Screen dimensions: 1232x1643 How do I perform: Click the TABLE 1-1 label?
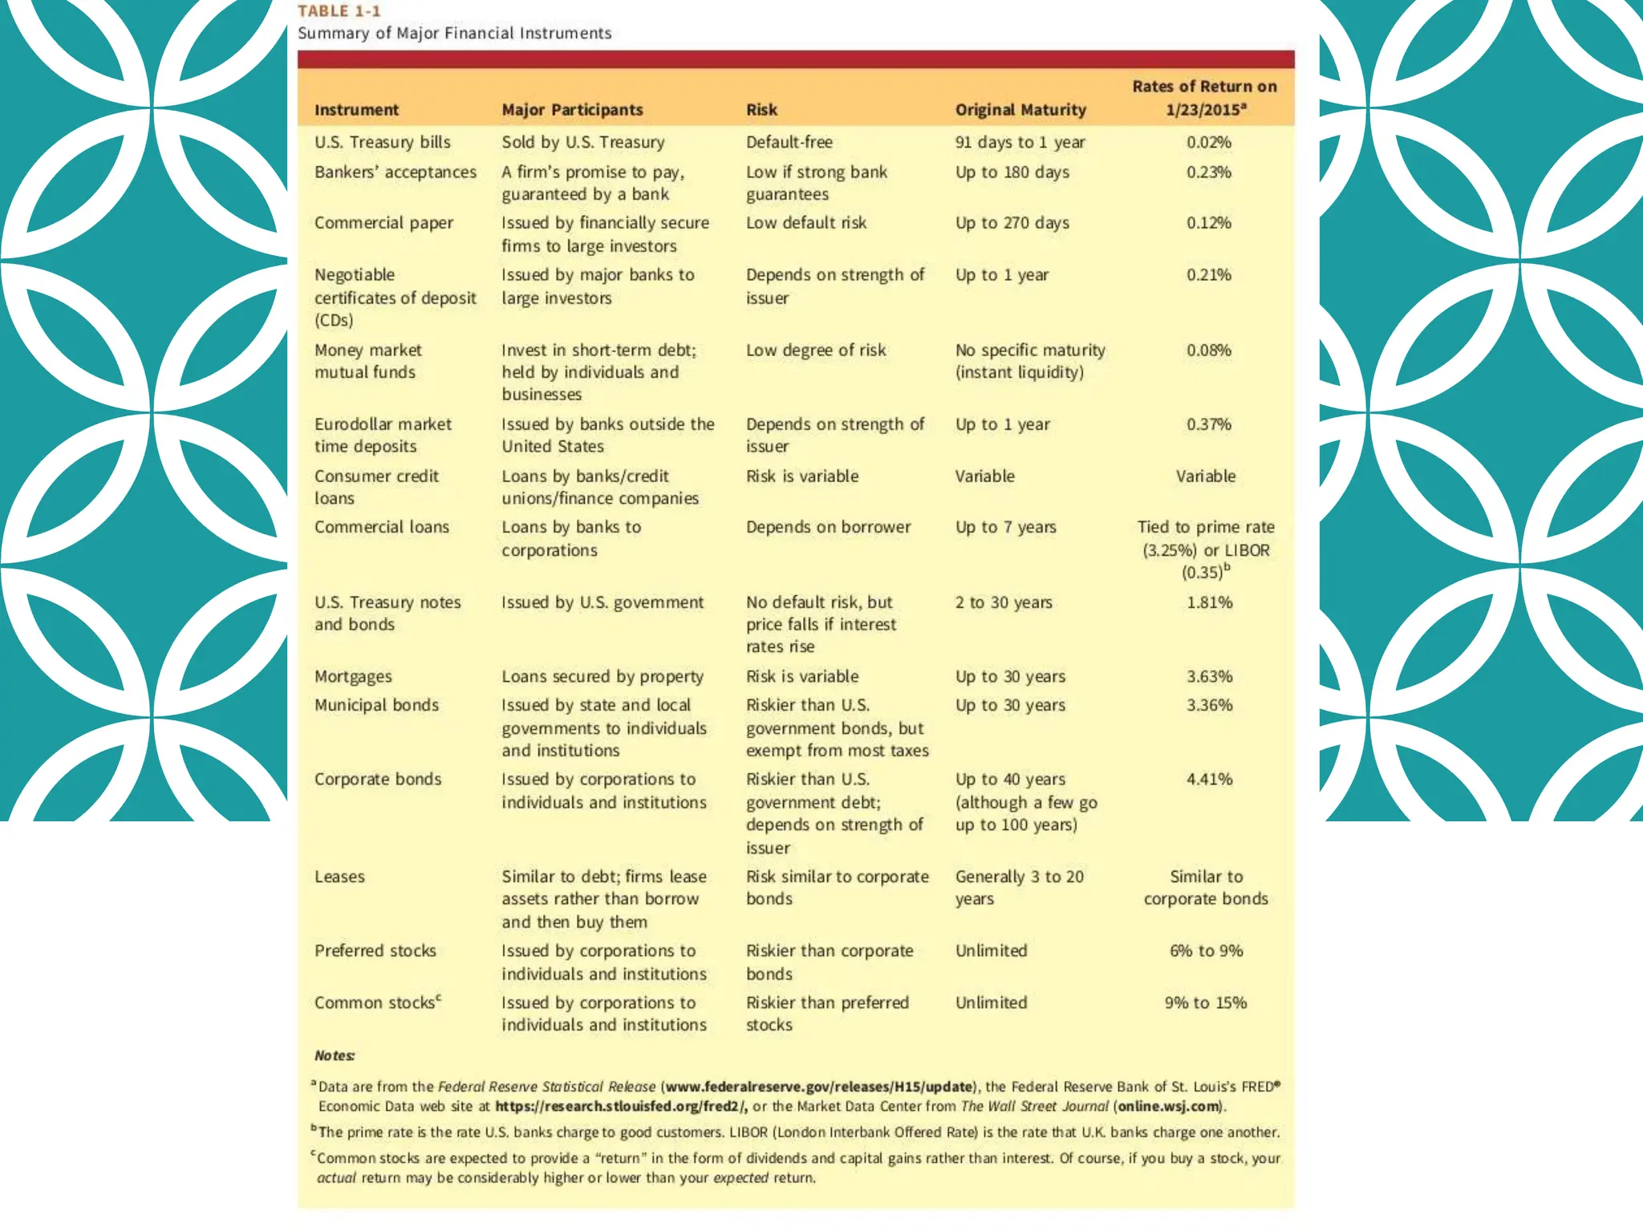pyautogui.click(x=339, y=11)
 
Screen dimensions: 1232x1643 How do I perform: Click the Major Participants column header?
pyautogui.click(x=572, y=110)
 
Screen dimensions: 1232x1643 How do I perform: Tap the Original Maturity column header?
pyautogui.click(x=1020, y=110)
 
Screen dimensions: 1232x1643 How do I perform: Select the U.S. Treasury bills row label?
pyautogui.click(x=382, y=143)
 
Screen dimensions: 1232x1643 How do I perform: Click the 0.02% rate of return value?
pyautogui.click(x=1208, y=143)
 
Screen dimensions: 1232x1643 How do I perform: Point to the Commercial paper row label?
pyautogui.click(x=383, y=223)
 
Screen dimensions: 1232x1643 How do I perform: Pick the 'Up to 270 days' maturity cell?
pyautogui.click(x=1012, y=223)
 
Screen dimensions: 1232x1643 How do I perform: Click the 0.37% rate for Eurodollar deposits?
pyautogui.click(x=1208, y=424)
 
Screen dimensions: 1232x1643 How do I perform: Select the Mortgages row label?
pyautogui.click(x=353, y=677)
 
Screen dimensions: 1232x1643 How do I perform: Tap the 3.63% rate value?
pyautogui.click(x=1209, y=677)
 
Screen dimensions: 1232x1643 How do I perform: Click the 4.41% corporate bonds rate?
pyautogui.click(x=1209, y=780)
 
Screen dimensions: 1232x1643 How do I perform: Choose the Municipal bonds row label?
pyautogui.click(x=376, y=706)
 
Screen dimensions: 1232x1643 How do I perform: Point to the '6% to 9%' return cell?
pyautogui.click(x=1206, y=951)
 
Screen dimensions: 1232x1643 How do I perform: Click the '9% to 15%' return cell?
pyautogui.click(x=1206, y=1003)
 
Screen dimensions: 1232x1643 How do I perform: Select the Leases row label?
pyautogui.click(x=339, y=877)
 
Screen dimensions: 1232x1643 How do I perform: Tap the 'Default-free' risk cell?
pyautogui.click(x=789, y=143)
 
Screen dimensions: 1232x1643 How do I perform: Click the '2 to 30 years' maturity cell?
pyautogui.click(x=1003, y=602)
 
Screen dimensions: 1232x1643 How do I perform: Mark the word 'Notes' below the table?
pyautogui.click(x=334, y=1056)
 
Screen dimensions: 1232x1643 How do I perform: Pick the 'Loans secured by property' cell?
pyautogui.click(x=602, y=677)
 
